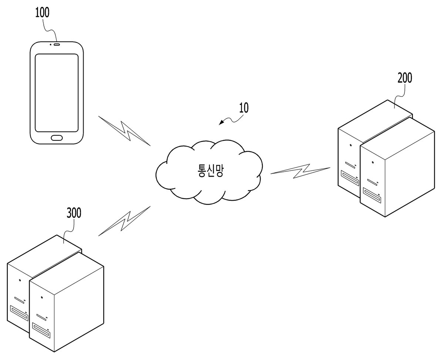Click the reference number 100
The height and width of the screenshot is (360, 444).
pos(42,13)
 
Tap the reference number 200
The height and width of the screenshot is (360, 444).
pos(405,78)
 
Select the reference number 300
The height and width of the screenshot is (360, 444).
pos(74,213)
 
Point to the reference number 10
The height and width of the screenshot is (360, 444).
pos(244,108)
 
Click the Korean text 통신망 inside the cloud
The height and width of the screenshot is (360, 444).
pos(210,171)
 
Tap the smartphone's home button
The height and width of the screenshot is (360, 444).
pos(57,137)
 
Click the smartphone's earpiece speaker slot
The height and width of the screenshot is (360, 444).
pos(57,44)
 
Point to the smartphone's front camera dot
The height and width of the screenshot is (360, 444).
pos(50,44)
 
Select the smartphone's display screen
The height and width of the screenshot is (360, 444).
pos(57,93)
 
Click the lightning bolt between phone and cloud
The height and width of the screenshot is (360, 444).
pos(124,130)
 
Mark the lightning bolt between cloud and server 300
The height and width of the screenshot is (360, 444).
pos(124,221)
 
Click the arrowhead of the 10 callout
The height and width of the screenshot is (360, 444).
pos(221,123)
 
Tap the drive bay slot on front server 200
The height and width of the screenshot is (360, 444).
pos(372,194)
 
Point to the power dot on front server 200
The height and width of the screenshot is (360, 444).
pos(373,162)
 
